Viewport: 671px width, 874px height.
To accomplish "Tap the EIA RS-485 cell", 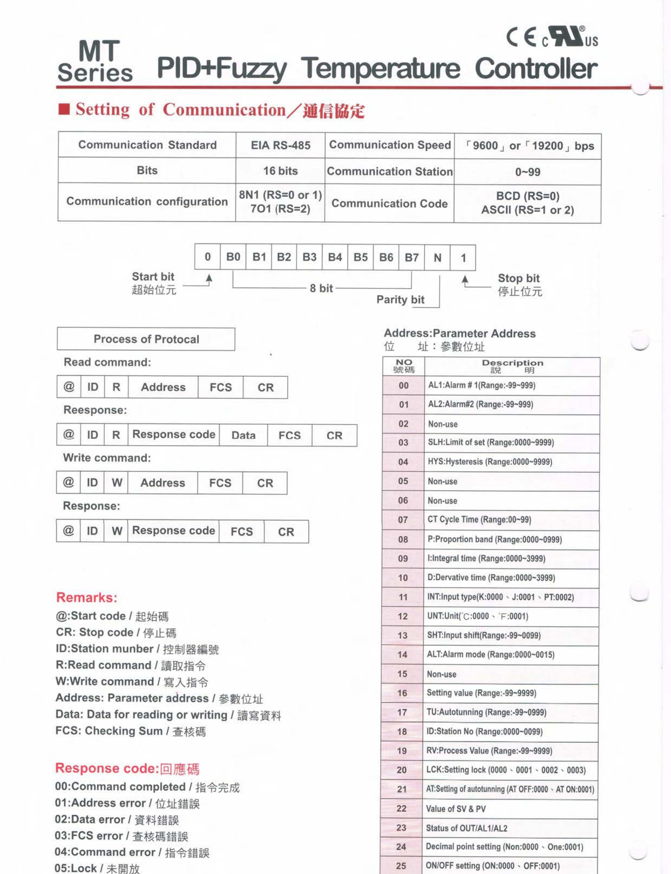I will coord(280,145).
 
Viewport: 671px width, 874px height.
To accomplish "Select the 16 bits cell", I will coord(280,171).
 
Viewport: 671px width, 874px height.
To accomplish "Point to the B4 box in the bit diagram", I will coord(335,257).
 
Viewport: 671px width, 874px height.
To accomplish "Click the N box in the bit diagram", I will coord(437,258).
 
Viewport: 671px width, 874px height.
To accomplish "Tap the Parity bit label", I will coord(400,299).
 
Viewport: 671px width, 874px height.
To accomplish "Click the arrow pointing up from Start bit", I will coord(209,279).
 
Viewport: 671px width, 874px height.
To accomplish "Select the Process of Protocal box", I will coord(146,339).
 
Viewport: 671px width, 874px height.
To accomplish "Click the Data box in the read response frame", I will coord(243,435).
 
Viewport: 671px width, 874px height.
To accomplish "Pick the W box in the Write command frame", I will coord(117,483).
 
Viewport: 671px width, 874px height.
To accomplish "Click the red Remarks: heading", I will coord(87,597).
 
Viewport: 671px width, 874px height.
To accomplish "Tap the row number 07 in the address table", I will coord(403,520).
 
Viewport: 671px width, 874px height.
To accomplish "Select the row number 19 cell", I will coord(402,751).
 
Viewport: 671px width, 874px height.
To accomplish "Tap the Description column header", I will coord(512,366).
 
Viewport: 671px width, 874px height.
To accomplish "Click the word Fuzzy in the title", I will coord(252,69).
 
